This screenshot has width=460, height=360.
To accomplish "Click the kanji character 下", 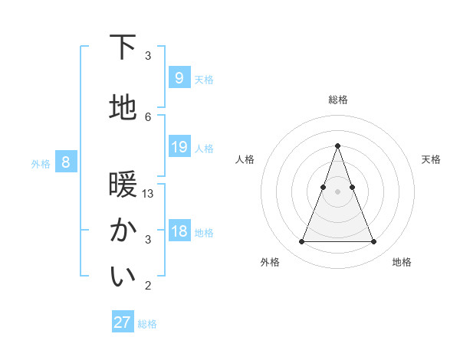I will [123, 48].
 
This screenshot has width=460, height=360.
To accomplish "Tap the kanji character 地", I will [123, 108].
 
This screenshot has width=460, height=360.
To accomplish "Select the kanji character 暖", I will [123, 186].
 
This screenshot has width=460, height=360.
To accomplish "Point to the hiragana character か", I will [123, 231].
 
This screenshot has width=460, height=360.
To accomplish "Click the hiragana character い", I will [123, 278].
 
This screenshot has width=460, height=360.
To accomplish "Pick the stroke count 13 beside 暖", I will [148, 194].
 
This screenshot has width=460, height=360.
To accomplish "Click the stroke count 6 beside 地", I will [148, 116].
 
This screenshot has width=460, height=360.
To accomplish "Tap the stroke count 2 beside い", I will [148, 286].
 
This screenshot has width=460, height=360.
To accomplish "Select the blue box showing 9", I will [179, 78].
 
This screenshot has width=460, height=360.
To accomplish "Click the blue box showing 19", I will [179, 147].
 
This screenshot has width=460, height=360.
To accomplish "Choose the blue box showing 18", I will [179, 231].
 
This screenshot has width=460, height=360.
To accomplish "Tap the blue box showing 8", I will [66, 162].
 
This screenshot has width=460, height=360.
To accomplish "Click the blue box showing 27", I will [123, 322].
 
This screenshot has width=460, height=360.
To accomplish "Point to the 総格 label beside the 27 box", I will [147, 324].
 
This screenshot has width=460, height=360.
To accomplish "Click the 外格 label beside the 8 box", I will [41, 163].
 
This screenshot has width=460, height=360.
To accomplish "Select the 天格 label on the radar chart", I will [431, 159].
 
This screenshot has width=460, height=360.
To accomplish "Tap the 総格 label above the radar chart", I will [337, 100].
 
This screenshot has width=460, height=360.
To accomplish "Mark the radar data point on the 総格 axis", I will [337, 146].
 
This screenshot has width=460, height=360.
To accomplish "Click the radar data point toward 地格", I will [373, 242].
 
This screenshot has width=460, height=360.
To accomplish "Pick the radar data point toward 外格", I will [301, 242].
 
